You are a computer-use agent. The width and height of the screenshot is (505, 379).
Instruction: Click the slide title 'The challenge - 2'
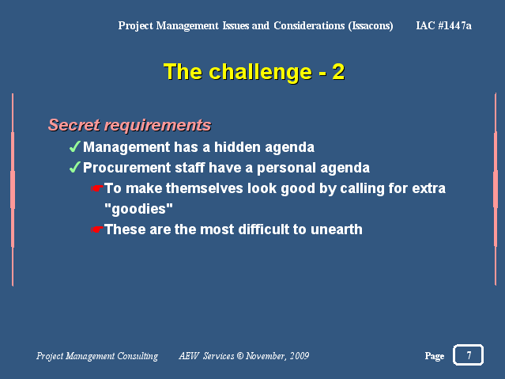(254, 72)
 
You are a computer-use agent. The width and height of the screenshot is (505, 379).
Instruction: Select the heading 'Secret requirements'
(130, 125)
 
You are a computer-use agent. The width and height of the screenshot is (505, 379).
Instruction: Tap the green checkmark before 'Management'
(75, 146)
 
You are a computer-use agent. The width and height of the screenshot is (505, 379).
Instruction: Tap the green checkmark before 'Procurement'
(75, 167)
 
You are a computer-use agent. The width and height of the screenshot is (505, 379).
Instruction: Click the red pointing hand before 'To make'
(96, 188)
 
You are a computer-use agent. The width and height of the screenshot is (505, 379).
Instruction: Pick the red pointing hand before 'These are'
(96, 229)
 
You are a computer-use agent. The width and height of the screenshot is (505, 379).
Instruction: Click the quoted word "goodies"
(138, 209)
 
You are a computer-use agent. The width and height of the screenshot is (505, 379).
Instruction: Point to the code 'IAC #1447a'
(443, 25)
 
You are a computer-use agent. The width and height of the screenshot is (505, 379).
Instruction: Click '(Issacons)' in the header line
(371, 26)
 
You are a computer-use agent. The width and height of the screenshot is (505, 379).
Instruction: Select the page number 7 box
(469, 354)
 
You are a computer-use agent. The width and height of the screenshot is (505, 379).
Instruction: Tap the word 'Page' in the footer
(435, 356)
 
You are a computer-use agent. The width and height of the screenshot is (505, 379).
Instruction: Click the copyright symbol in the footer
(240, 356)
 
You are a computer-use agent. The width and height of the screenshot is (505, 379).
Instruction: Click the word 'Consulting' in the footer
(138, 356)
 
